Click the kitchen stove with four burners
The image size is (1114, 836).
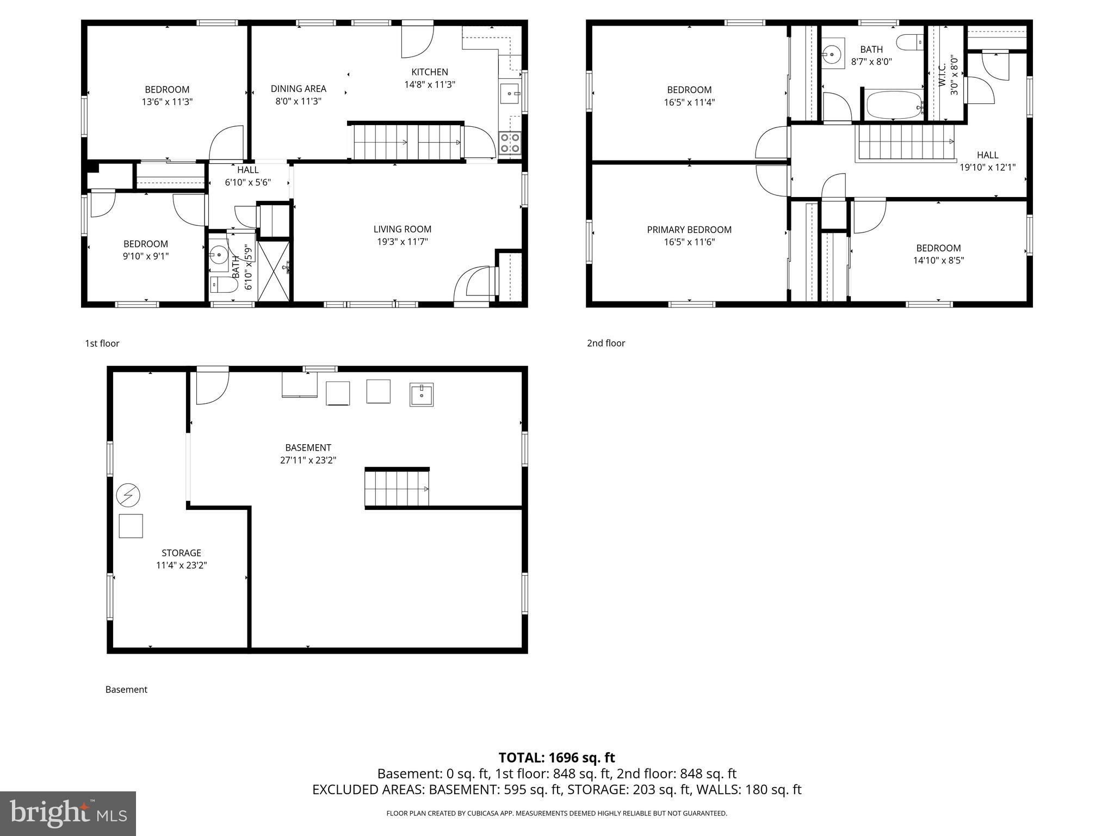click(510, 143)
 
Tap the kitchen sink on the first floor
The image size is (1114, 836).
click(510, 93)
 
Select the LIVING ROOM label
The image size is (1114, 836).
click(402, 229)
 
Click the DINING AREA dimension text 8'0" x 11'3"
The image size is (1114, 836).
click(298, 101)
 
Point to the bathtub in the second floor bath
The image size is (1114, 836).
click(894, 106)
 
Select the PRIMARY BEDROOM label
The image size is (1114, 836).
click(689, 230)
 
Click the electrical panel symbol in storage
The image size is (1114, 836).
click(128, 495)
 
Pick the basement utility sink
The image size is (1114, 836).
click(422, 395)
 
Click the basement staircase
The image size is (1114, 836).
click(397, 488)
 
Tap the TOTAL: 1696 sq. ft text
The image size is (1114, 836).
click(556, 758)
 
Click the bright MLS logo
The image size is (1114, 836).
click(68, 813)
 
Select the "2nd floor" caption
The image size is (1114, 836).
click(605, 343)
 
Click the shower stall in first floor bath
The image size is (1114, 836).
click(274, 271)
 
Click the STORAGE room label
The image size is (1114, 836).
click(181, 553)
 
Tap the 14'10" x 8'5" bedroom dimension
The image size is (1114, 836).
click(938, 261)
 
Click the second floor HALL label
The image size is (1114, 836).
click(987, 155)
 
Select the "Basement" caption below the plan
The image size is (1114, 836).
click(126, 690)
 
